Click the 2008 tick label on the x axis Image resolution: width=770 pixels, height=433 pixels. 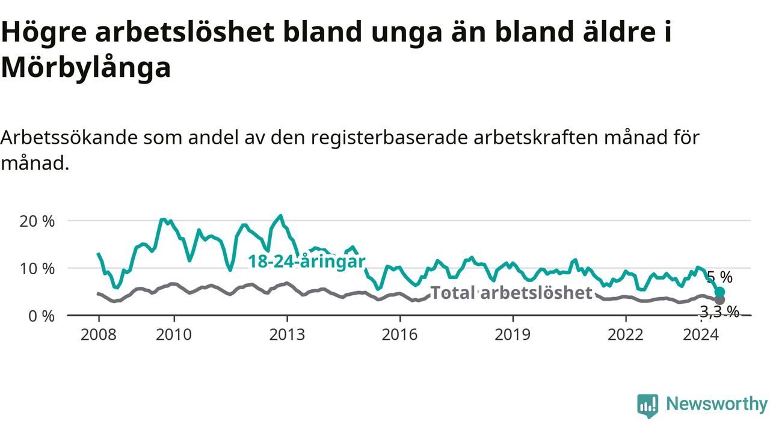99,335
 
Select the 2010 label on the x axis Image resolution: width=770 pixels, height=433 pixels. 174,335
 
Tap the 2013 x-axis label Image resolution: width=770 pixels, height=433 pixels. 287,335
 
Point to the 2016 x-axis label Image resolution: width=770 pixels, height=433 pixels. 400,335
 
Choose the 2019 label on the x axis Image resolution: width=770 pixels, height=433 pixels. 513,335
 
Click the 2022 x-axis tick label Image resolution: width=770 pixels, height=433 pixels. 626,335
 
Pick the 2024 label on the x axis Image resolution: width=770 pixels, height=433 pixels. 701,335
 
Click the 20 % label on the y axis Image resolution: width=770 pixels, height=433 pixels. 37,222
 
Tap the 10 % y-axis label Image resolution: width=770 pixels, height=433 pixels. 37,269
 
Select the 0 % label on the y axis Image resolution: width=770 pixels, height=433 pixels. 42,316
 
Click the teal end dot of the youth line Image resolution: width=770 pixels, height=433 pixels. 719,292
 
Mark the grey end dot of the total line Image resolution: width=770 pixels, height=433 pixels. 719,299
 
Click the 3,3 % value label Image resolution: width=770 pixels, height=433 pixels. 719,312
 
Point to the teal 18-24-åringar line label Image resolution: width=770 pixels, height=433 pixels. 306,262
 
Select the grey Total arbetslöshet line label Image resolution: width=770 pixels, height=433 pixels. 511,293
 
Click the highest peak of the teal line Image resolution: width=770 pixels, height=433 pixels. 281,216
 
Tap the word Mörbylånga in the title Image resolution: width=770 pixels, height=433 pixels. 86,68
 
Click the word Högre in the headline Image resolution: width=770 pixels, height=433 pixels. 44,32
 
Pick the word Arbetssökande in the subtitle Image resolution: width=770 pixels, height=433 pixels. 69,138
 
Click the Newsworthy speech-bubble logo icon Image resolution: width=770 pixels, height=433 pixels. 648,406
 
